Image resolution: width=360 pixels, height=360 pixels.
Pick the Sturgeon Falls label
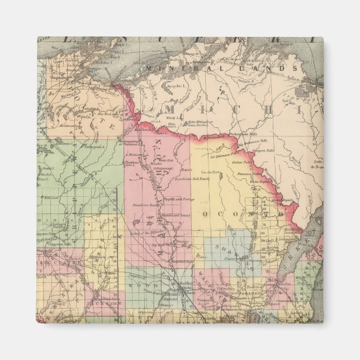[263, 150]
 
